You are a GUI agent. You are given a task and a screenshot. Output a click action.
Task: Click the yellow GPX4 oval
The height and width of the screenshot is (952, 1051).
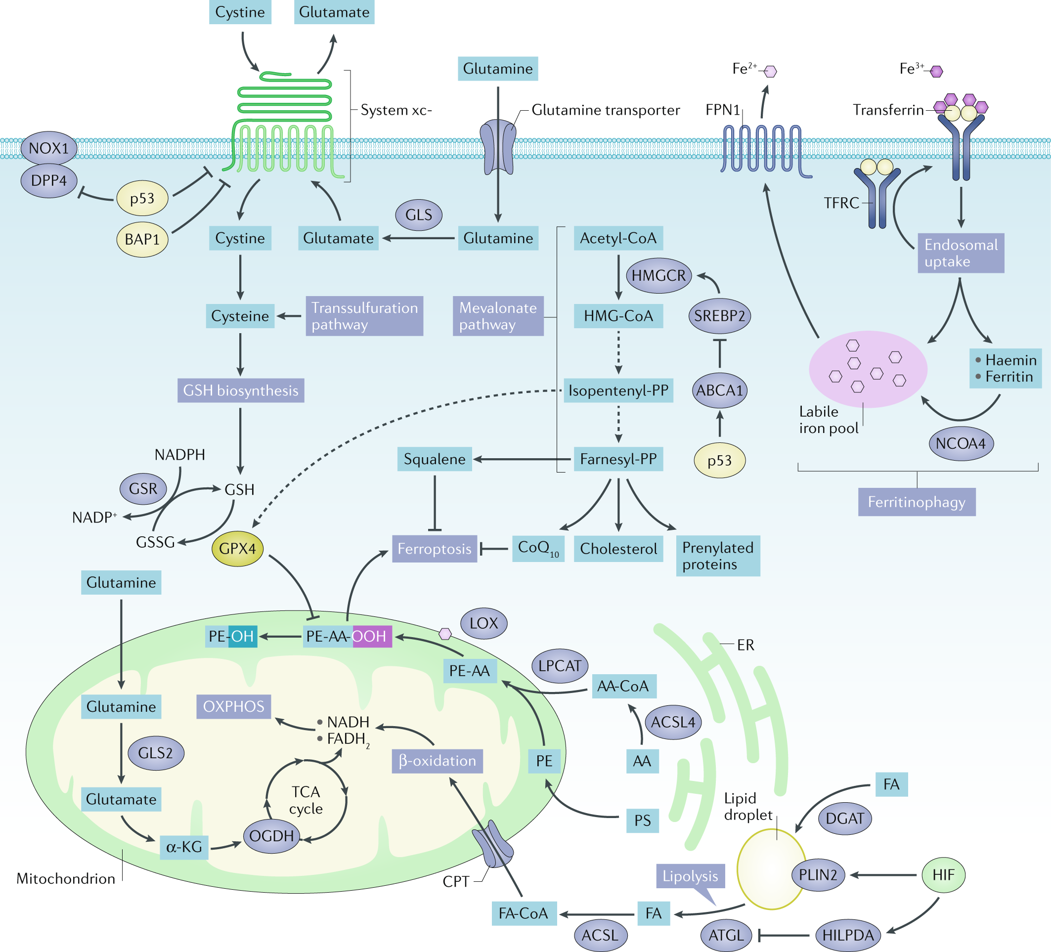click(x=237, y=549)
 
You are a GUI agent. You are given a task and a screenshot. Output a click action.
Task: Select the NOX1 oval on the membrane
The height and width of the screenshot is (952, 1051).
click(x=48, y=148)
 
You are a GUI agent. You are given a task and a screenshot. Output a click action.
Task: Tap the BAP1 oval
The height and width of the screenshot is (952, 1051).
click(x=142, y=239)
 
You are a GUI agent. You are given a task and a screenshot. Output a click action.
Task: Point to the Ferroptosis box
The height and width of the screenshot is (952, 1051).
click(x=434, y=549)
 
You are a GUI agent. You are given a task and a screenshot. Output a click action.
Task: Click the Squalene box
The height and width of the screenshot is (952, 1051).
click(x=434, y=459)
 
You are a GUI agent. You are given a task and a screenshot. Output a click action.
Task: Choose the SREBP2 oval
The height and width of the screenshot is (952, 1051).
click(x=719, y=315)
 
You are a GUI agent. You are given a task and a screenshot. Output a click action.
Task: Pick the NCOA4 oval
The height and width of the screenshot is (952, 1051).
click(x=961, y=443)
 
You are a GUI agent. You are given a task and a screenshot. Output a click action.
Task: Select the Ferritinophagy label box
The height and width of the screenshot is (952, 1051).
click(x=916, y=502)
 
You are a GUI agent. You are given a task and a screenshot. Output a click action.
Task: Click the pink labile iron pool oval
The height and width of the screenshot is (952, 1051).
click(x=868, y=369)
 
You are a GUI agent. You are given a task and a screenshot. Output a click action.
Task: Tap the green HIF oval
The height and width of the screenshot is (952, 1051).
click(x=943, y=875)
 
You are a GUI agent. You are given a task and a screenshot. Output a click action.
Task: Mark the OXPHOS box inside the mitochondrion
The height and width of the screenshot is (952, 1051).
click(x=233, y=706)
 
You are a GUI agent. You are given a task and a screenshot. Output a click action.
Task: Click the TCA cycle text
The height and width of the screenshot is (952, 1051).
click(x=306, y=800)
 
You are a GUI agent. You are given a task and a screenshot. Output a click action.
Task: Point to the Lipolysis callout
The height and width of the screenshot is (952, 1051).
click(x=690, y=876)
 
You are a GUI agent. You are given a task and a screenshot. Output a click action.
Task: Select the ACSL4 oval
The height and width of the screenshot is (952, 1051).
click(x=672, y=722)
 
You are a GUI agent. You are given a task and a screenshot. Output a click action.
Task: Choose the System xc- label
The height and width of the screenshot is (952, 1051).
click(x=395, y=110)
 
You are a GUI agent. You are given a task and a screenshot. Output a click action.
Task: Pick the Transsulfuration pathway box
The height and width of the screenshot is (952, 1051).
click(x=364, y=316)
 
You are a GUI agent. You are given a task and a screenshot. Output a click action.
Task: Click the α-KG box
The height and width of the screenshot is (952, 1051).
click(x=183, y=847)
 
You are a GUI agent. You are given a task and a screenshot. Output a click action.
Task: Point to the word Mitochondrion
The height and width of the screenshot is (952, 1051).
click(x=66, y=878)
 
